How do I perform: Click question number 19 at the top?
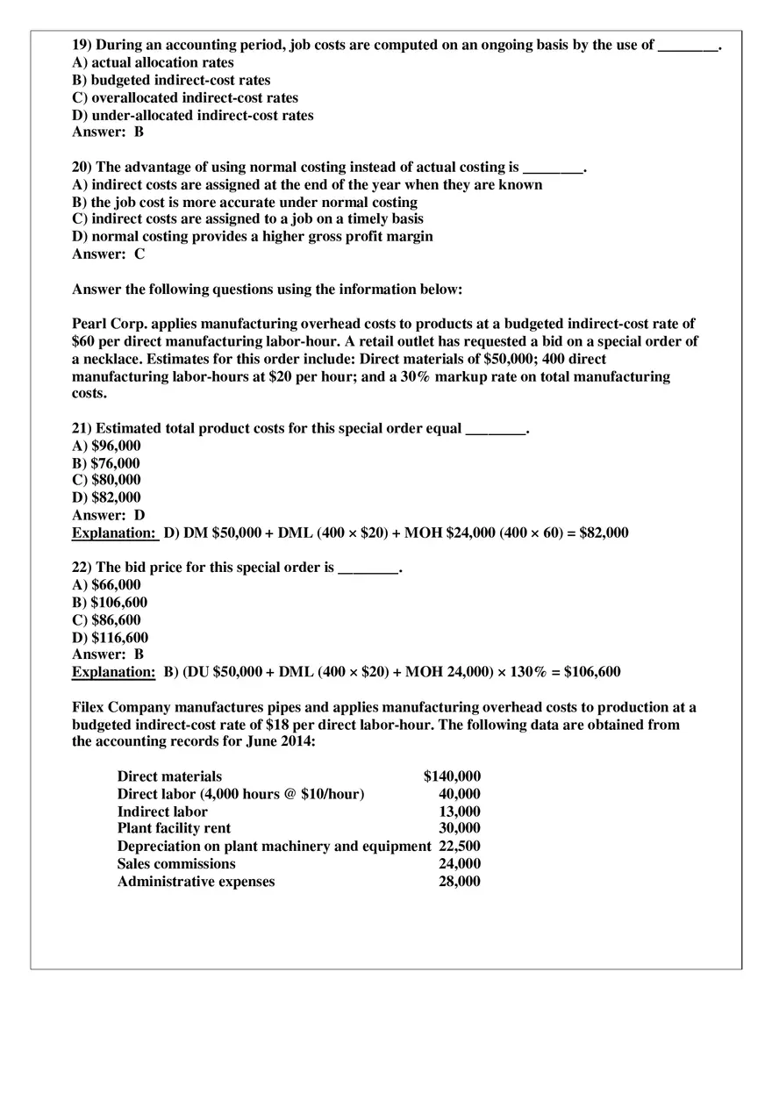(82, 46)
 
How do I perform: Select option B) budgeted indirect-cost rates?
(171, 81)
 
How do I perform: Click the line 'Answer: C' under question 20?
(108, 254)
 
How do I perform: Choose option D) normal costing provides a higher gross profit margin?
(252, 237)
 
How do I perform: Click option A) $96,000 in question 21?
(105, 446)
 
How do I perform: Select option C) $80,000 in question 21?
(105, 480)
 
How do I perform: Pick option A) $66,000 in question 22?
(105, 585)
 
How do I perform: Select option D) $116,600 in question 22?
(110, 638)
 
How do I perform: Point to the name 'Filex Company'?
(121, 707)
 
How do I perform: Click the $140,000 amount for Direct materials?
(452, 776)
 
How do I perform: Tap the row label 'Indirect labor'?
(162, 812)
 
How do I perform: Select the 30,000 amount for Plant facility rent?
(459, 828)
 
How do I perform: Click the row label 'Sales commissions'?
(176, 864)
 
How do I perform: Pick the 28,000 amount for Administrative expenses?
(459, 882)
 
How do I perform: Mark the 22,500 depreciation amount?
(459, 847)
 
